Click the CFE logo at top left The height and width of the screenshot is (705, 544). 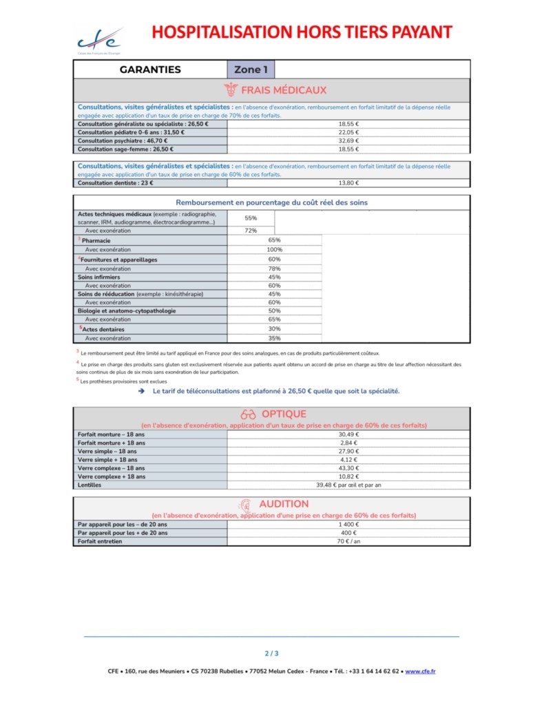click(x=98, y=40)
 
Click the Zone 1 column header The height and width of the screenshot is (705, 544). click(x=250, y=70)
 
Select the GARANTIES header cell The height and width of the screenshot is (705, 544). click(x=150, y=70)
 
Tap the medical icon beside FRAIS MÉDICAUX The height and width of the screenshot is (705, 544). click(x=231, y=90)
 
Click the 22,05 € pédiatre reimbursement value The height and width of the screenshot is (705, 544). click(x=348, y=132)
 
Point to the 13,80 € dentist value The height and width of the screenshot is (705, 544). click(x=348, y=183)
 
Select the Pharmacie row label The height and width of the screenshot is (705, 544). click(x=96, y=240)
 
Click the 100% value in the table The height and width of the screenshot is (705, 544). click(x=274, y=249)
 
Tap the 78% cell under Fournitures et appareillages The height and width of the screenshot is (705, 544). click(x=274, y=269)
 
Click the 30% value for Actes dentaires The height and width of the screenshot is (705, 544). click(x=274, y=329)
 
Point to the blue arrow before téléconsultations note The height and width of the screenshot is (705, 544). click(x=140, y=391)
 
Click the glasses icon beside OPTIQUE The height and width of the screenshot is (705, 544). click(x=248, y=414)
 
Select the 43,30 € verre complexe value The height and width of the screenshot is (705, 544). click(x=348, y=468)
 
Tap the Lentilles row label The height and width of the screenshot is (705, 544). click(x=90, y=485)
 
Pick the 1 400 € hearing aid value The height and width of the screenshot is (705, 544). click(x=348, y=525)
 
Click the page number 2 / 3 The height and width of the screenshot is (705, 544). click(x=271, y=653)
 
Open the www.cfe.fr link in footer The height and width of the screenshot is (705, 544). click(x=420, y=671)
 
